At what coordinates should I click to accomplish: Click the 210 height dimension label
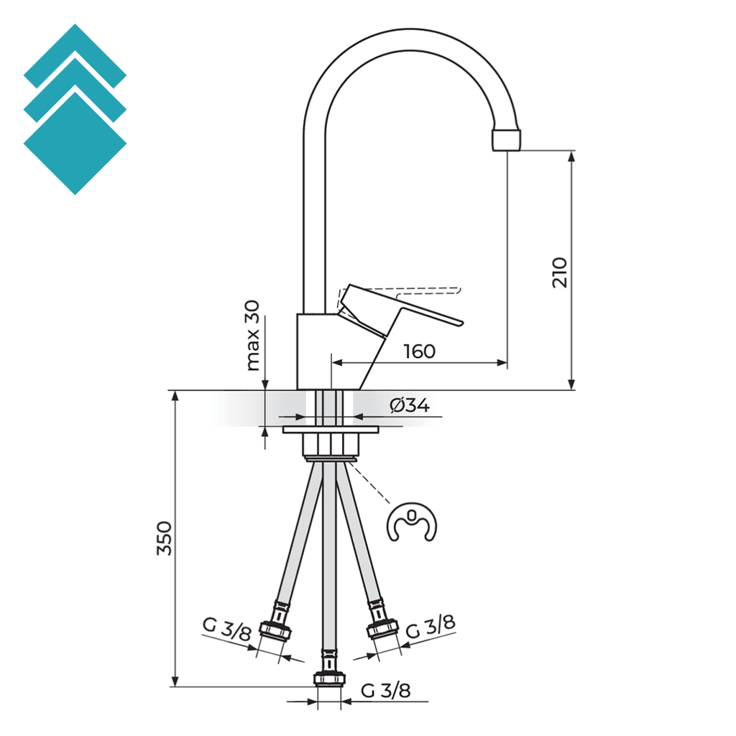click(x=561, y=272)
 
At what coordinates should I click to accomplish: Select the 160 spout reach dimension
click(x=419, y=351)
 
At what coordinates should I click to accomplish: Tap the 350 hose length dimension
click(x=165, y=538)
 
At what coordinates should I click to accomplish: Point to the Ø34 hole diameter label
click(x=410, y=406)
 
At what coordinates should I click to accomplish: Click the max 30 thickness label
click(x=252, y=336)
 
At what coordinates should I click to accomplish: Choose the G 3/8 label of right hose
click(x=431, y=627)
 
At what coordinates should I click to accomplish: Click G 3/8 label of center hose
click(x=385, y=691)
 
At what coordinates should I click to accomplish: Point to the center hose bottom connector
click(x=330, y=678)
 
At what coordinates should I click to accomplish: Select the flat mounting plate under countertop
click(x=331, y=430)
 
